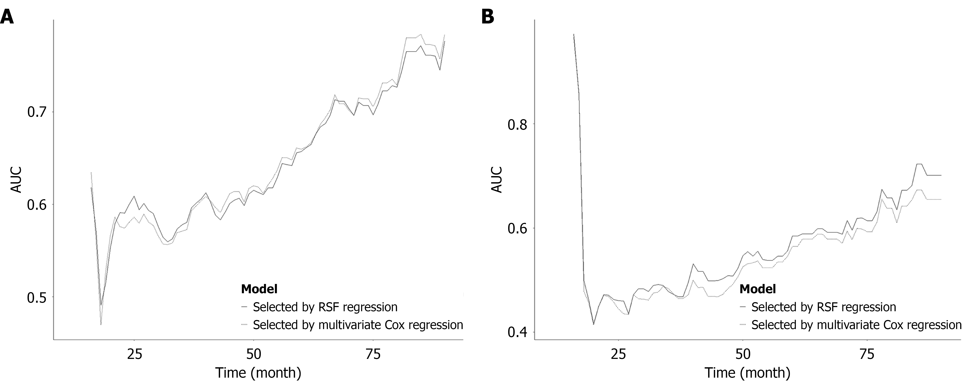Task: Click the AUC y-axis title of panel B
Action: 497,179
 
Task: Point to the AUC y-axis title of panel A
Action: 16,179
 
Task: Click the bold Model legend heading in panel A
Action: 259,289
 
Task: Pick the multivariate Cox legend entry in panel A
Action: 358,325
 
